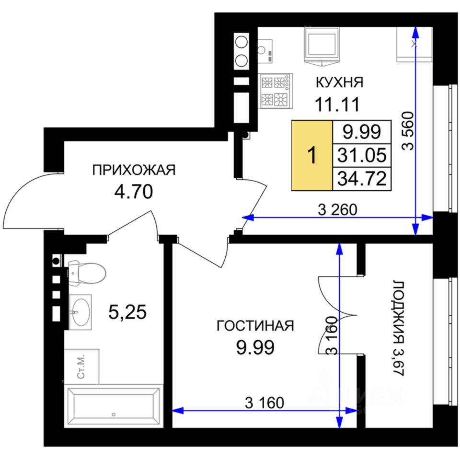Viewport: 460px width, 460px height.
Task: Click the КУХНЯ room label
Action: pos(339,82)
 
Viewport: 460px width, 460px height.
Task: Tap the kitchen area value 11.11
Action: pos(337,104)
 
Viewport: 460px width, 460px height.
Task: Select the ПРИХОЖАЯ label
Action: pos(134,170)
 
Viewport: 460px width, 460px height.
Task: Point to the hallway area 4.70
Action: pos(134,192)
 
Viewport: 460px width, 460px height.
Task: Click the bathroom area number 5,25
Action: pos(127,312)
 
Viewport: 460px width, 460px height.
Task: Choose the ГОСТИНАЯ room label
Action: pos(255,326)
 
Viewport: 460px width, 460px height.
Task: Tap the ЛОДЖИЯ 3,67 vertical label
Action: pos(398,328)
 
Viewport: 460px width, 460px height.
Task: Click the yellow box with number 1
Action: pos(312,155)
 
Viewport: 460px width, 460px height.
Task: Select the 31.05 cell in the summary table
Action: pos(362,155)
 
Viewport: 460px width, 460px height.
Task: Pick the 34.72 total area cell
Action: pos(362,179)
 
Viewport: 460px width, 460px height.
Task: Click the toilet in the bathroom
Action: pos(87,274)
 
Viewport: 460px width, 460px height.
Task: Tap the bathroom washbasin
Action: pos(80,312)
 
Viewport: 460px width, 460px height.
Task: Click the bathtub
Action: pos(114,406)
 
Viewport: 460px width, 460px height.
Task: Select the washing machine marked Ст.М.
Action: pos(81,367)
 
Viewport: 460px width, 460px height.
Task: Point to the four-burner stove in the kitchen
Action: pos(276,91)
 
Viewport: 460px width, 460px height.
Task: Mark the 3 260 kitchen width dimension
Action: pos(337,210)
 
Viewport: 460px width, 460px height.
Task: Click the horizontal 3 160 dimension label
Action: pos(264,403)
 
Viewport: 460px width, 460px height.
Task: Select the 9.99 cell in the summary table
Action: pos(362,132)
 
